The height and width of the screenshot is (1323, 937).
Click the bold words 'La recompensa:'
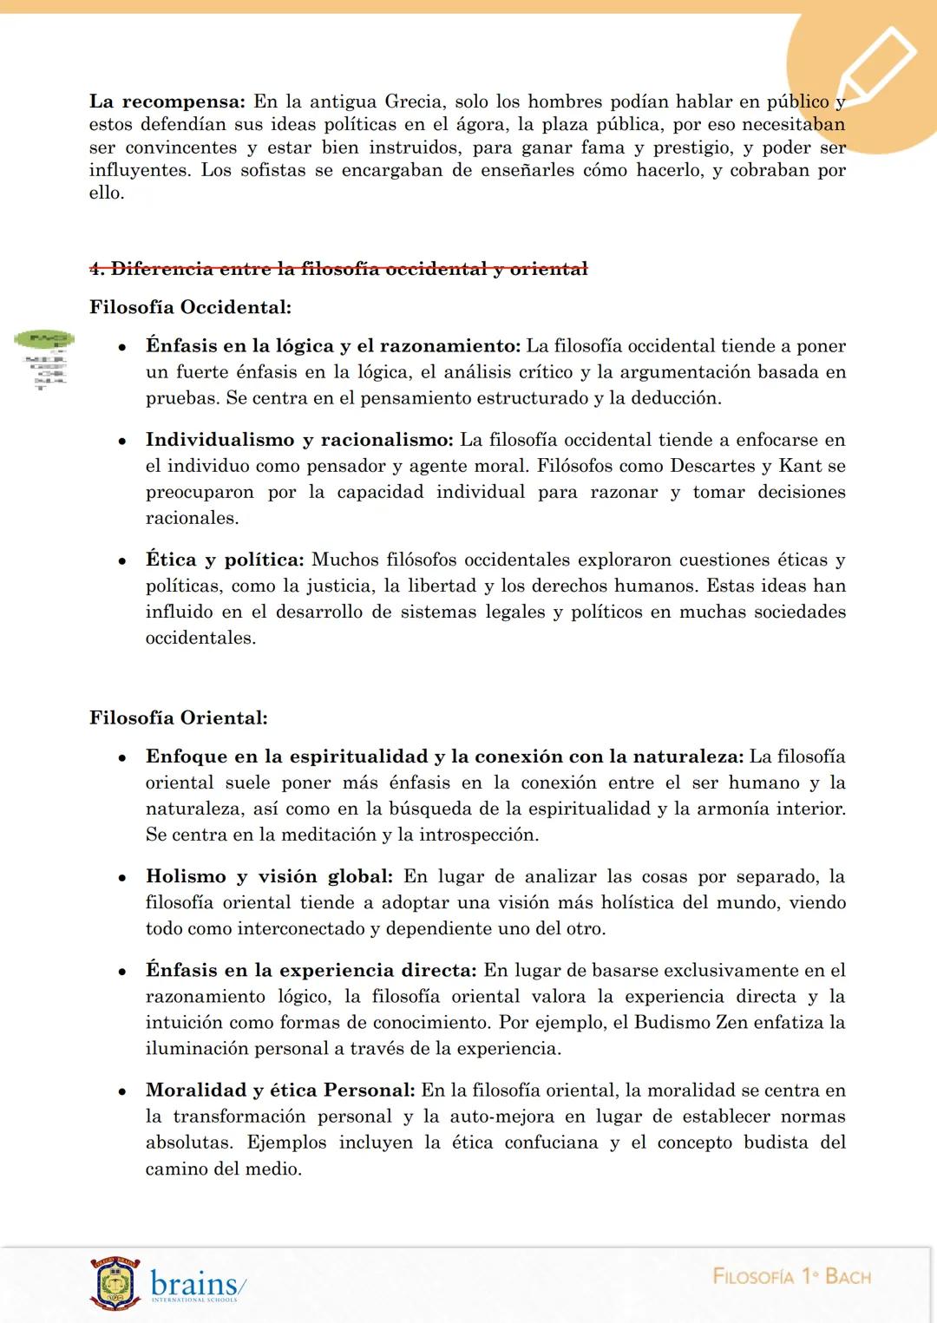pos(167,102)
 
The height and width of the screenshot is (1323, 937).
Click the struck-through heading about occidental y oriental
pos(338,269)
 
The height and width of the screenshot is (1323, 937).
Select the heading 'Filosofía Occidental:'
pos(190,307)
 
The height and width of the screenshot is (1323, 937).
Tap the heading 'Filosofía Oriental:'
pos(178,717)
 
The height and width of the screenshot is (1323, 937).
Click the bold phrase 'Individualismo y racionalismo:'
pos(299,440)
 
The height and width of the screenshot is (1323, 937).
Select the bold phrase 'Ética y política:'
pos(225,560)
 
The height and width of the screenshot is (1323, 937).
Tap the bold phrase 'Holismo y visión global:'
pos(269,876)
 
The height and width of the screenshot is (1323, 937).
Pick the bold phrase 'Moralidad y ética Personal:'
pos(280,1090)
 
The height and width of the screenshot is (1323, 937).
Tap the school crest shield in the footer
pos(115,1283)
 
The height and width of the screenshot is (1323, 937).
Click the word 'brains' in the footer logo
pos(193,1282)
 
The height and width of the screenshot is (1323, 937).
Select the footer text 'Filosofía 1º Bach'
pos(791,1276)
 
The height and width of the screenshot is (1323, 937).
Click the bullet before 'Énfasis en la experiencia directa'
pos(123,972)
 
